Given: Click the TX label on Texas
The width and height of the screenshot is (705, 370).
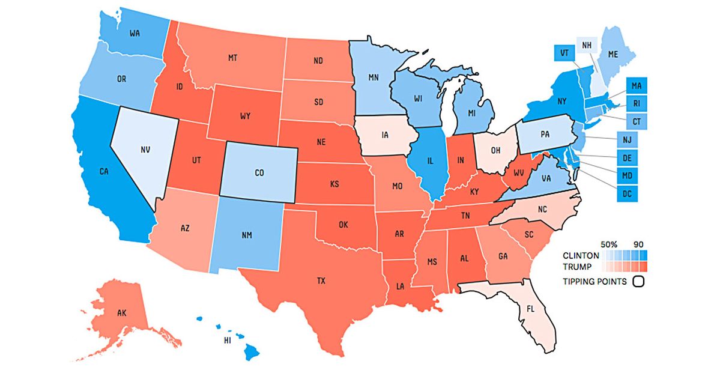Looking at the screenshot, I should coord(322,281).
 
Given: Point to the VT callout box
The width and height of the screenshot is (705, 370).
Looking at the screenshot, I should coord(564,52).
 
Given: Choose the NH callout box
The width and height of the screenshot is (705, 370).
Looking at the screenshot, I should coord(586,46).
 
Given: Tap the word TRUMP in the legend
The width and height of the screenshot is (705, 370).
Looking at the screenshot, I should coord(579,266).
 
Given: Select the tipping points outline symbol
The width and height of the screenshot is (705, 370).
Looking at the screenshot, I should coord(638,281).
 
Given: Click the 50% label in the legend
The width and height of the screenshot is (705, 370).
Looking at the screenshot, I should coord(610,243).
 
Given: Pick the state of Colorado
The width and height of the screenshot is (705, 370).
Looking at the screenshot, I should coord(259,172).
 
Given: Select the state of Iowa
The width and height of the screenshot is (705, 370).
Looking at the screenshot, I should coord(385,136).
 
